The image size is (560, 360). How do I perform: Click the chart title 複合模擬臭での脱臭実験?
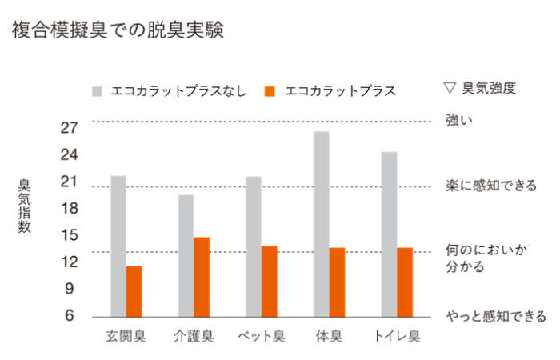tap(117, 30)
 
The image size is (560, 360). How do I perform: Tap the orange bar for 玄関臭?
tap(134, 291)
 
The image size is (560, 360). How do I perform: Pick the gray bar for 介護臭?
tap(186, 255)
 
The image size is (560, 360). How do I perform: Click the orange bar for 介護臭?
tap(202, 276)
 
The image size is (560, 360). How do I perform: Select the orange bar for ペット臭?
tap(270, 281)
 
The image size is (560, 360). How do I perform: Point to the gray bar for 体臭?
tap(322, 223)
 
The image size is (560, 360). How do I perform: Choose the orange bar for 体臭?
tap(338, 282)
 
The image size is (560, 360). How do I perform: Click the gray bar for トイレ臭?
tap(390, 234)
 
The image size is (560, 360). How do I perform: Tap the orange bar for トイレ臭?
tap(406, 282)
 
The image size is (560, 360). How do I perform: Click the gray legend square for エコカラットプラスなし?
tap(98, 90)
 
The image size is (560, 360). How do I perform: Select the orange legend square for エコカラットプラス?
tap(270, 90)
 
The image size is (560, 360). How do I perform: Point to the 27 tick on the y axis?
tap(68, 127)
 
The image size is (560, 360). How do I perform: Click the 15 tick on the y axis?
tap(68, 235)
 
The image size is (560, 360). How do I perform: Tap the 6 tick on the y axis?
tap(70, 316)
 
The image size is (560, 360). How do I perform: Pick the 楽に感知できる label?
tap(490, 186)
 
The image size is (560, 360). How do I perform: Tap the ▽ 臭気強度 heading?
tap(478, 88)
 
